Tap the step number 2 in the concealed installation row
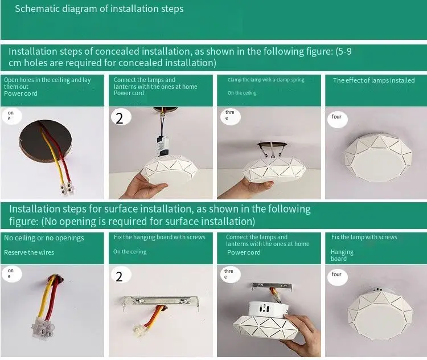pos(120,118)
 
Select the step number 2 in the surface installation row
pos(119,277)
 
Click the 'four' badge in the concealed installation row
pos(336,117)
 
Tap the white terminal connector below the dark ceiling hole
pos(67,189)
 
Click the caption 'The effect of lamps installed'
pos(373,80)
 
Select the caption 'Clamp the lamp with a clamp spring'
pos(266,80)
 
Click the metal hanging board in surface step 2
pos(161,302)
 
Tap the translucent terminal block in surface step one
pos(43,328)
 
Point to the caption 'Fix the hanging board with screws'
pos(159,237)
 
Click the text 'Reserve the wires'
pos(29,252)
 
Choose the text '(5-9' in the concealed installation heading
pos(343,51)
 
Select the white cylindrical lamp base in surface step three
pos(268,309)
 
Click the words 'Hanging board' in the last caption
pos(342,255)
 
